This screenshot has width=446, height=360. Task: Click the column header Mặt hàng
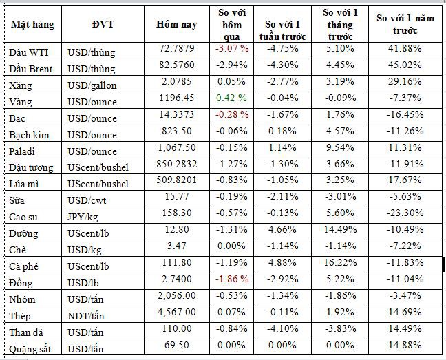point(32,24)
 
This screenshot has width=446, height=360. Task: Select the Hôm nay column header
point(177,24)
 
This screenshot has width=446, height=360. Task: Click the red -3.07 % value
point(232,50)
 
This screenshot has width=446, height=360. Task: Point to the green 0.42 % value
point(232,99)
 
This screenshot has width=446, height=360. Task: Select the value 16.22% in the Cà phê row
point(347,264)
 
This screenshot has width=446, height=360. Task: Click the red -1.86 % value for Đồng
point(232,280)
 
